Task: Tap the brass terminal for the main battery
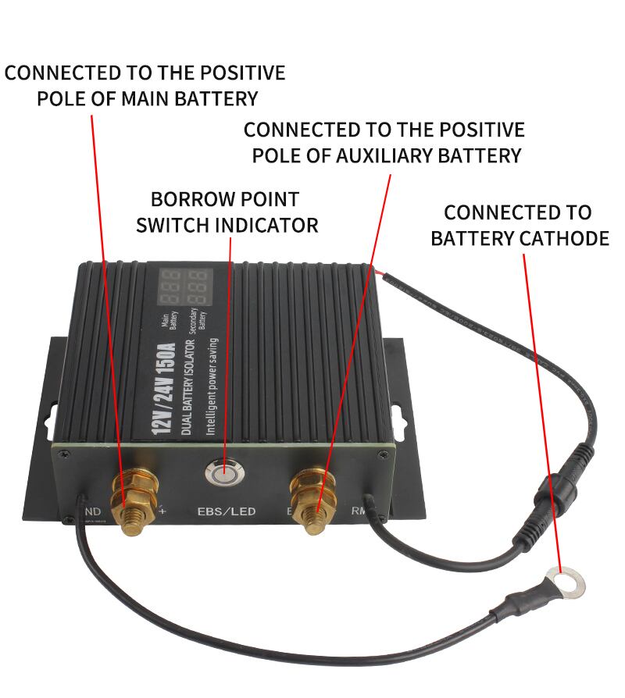[127, 497]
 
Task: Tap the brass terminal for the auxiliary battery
[312, 495]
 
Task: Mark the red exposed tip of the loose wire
[378, 271]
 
